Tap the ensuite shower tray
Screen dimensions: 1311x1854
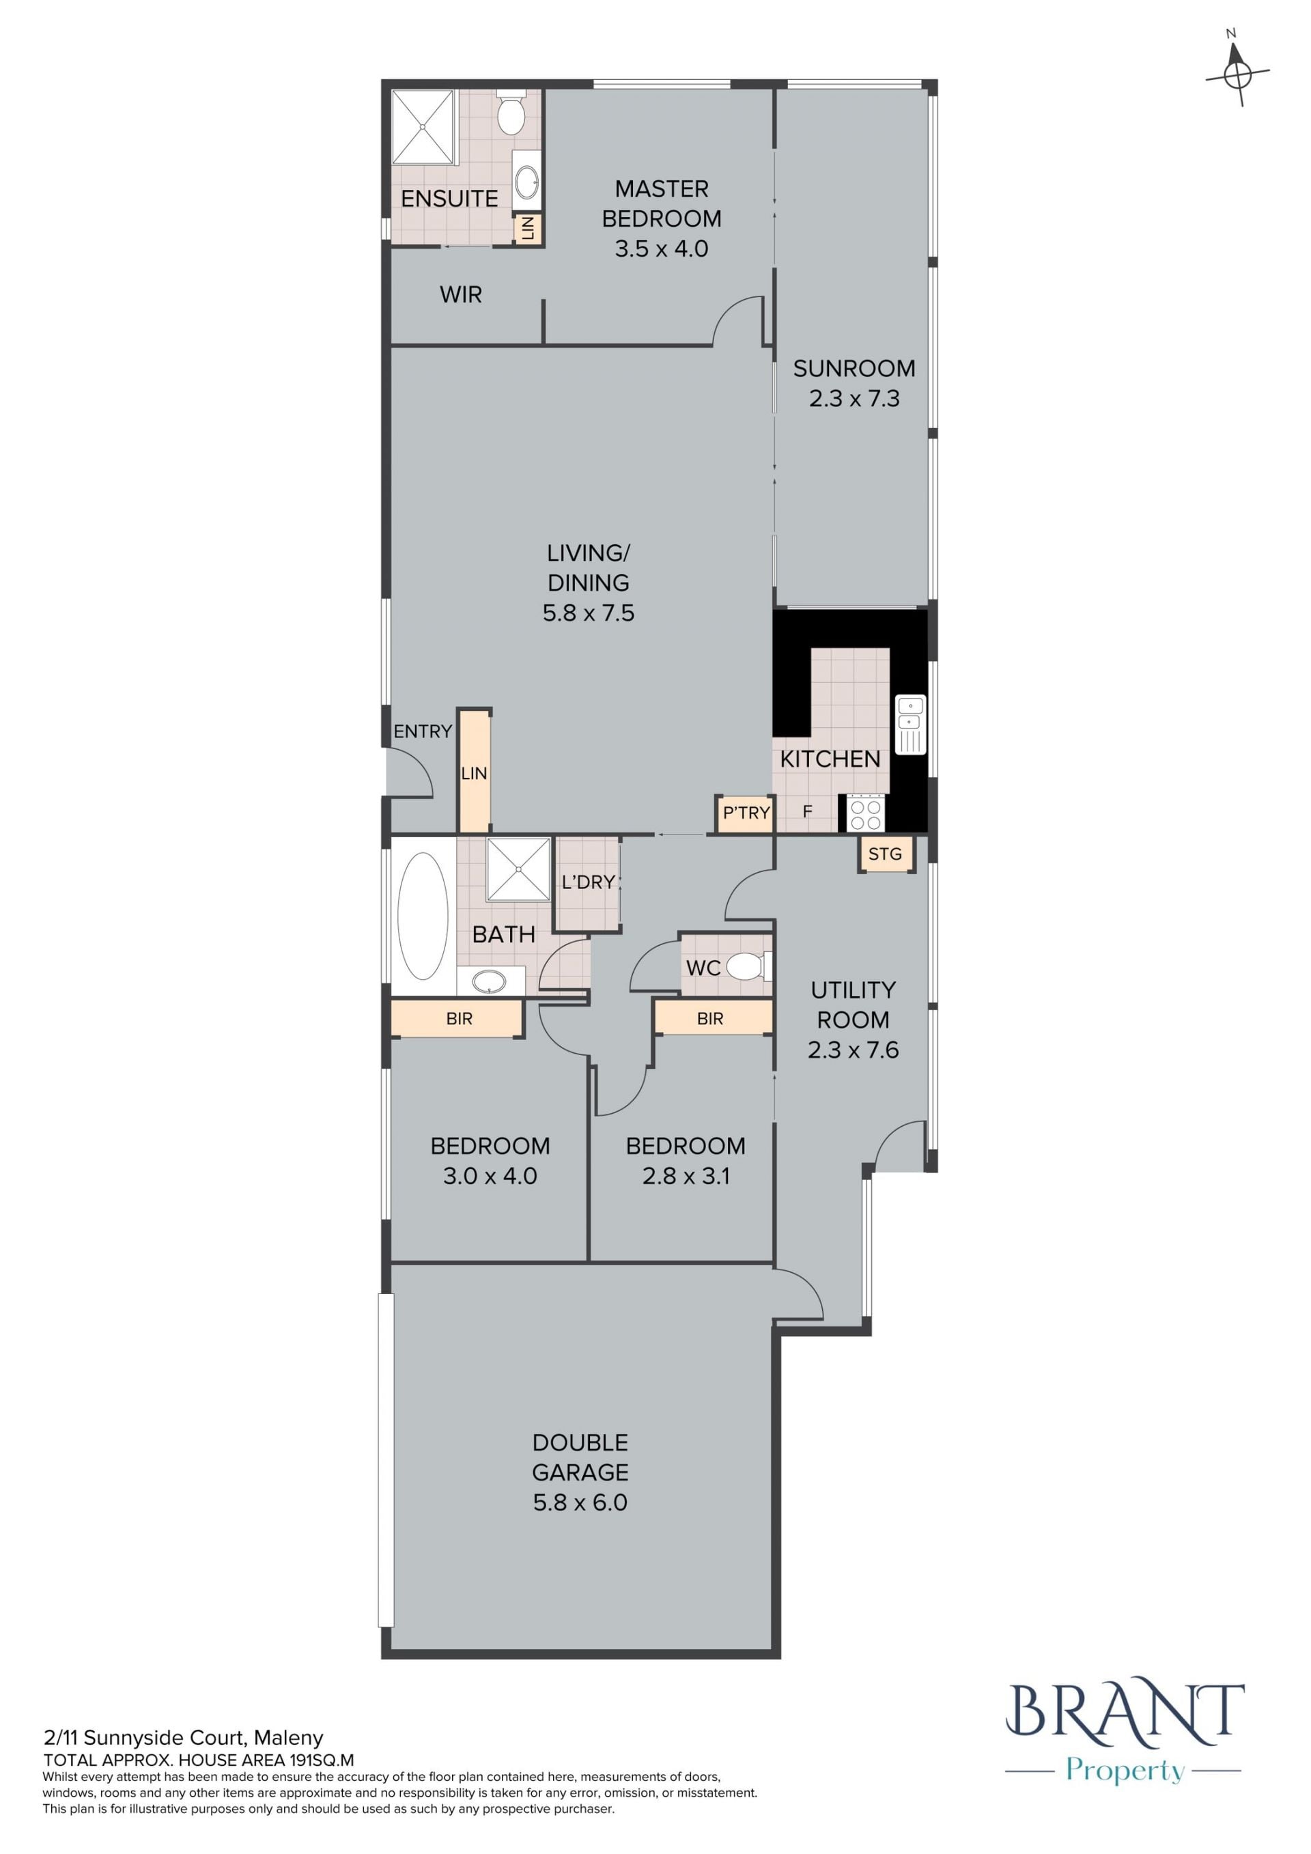click(423, 127)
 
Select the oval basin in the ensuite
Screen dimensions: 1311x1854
click(526, 182)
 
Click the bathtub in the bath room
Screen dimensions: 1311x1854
click(423, 916)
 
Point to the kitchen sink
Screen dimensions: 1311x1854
click(911, 725)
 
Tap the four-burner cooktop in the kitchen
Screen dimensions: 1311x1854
click(865, 813)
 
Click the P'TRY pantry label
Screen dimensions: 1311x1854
click(746, 813)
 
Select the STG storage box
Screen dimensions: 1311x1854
click(886, 854)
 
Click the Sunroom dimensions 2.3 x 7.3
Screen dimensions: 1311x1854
click(854, 398)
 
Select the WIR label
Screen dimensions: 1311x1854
click(461, 295)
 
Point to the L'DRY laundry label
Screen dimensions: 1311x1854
click(589, 882)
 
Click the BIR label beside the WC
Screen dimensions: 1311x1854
click(710, 1019)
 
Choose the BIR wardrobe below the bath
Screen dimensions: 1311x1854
click(457, 1019)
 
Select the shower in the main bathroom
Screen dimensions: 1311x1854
click(518, 870)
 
